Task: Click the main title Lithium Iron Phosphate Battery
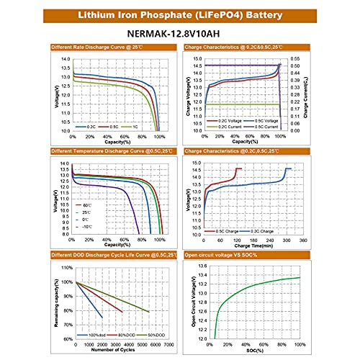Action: [180, 14]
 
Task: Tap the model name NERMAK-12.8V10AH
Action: [180, 33]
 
